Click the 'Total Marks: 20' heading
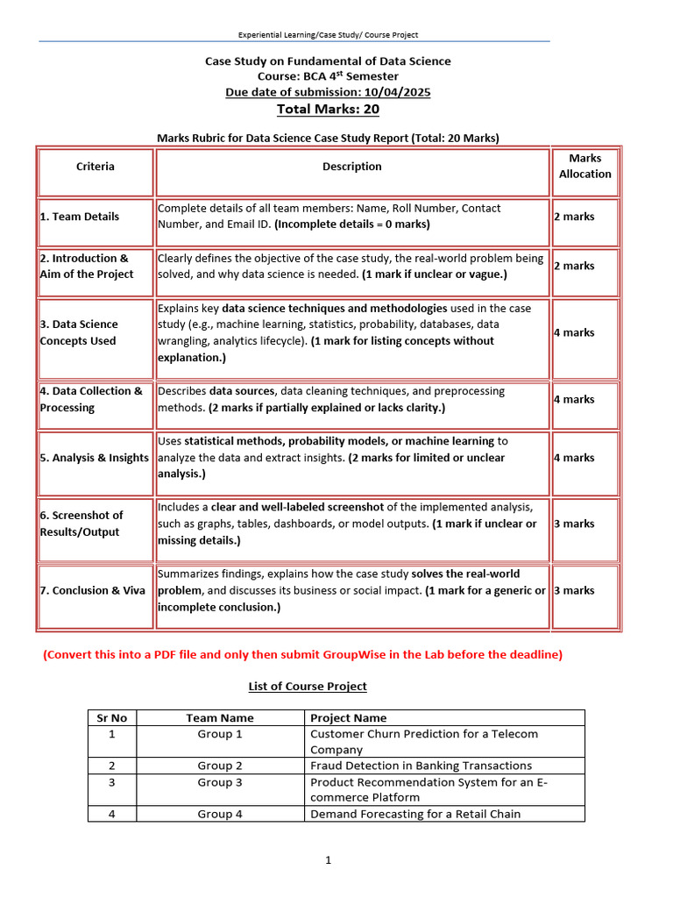point(328,110)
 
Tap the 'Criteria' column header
point(95,167)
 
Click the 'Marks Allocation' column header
point(584,167)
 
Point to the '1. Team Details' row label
point(80,217)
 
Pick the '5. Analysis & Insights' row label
point(94,458)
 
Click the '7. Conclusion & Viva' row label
point(92,591)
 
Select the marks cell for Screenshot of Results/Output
point(574,524)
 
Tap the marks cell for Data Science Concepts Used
point(574,332)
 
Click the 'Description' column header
point(352,167)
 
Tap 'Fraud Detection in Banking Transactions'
point(421,766)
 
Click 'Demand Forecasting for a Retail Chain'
point(415,814)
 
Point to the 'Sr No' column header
point(111,717)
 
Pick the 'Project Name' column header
point(349,717)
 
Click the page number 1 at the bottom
point(328,860)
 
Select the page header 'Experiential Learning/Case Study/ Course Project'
point(329,35)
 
